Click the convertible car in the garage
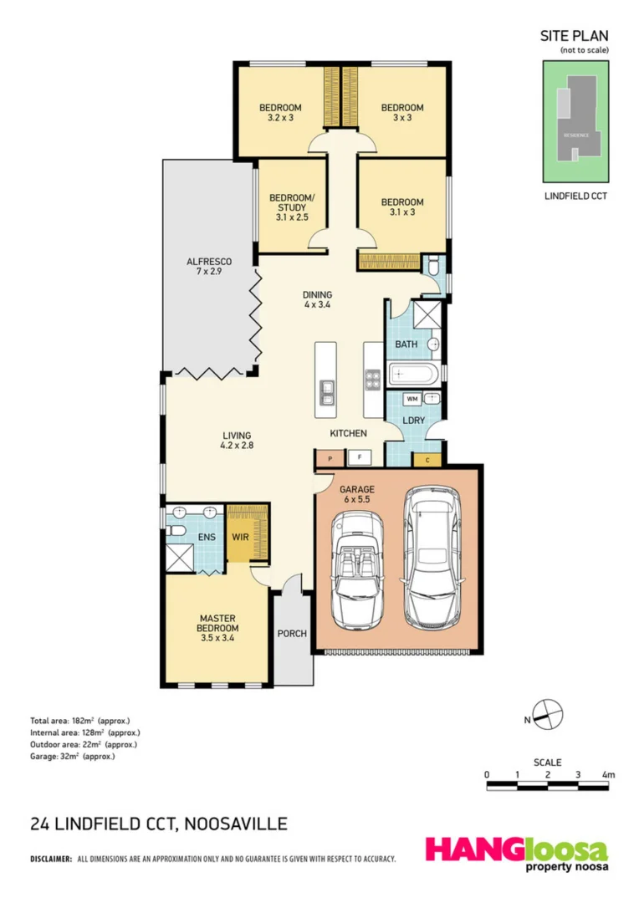click(x=358, y=569)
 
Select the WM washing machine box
click(x=412, y=399)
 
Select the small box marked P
click(x=330, y=457)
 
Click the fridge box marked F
click(x=360, y=457)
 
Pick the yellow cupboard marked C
click(x=427, y=458)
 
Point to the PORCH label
click(x=290, y=634)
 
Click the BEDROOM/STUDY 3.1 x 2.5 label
click(x=292, y=207)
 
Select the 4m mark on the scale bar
click(x=610, y=775)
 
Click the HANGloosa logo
click(x=516, y=854)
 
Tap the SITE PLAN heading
click(x=575, y=36)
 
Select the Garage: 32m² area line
click(x=72, y=756)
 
